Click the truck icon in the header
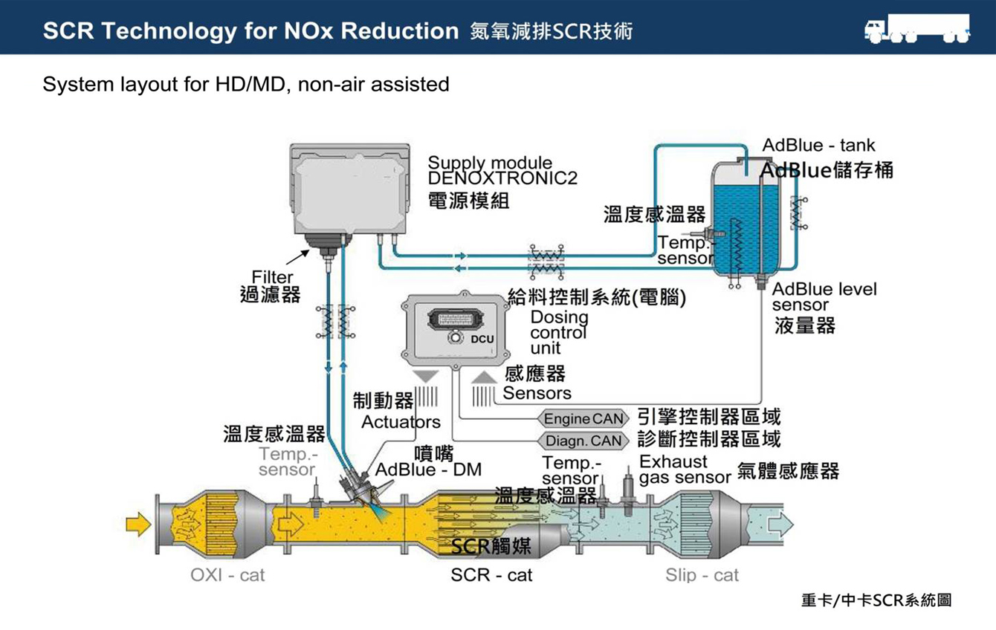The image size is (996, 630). coord(917,29)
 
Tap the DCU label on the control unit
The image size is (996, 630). coord(482,340)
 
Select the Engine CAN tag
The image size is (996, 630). coord(583,419)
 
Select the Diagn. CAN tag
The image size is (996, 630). coord(583,441)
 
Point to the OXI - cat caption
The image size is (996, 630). coord(227,575)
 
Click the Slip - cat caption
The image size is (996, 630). coord(702,575)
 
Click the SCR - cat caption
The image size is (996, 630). coord(491,575)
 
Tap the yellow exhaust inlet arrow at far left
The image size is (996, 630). coord(138,525)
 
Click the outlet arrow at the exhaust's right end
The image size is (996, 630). coord(780,525)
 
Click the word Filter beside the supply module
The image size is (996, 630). coord(272,277)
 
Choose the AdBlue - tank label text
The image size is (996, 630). coord(818,146)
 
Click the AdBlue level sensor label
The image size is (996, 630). coord(824,296)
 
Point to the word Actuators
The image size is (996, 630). coord(401,422)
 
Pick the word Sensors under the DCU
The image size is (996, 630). coord(537,393)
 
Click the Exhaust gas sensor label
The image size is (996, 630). coord(684,470)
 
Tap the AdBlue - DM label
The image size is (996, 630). coord(428,470)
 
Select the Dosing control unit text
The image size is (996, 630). coord(559,332)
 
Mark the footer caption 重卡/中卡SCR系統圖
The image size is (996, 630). coord(876,600)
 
